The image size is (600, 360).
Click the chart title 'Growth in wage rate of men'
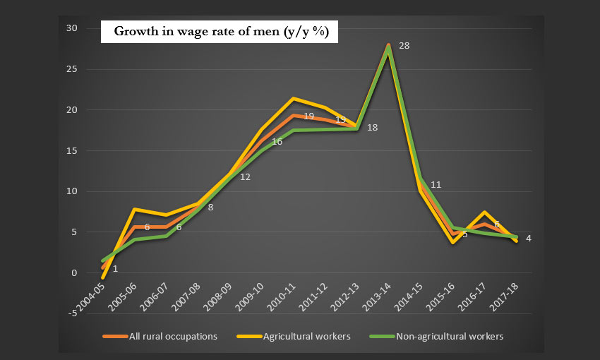(x=220, y=32)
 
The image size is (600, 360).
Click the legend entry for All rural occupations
(x=173, y=337)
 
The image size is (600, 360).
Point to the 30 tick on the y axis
(x=72, y=28)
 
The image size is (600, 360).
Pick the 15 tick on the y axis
(x=72, y=150)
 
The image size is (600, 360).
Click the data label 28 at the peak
(x=404, y=45)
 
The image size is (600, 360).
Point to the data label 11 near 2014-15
(x=436, y=185)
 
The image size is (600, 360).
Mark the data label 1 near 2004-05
(x=115, y=269)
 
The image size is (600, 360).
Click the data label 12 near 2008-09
(x=246, y=177)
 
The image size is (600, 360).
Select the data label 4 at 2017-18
(x=529, y=239)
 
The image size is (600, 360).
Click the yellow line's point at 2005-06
(x=134, y=209)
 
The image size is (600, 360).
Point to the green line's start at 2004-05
(x=102, y=260)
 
